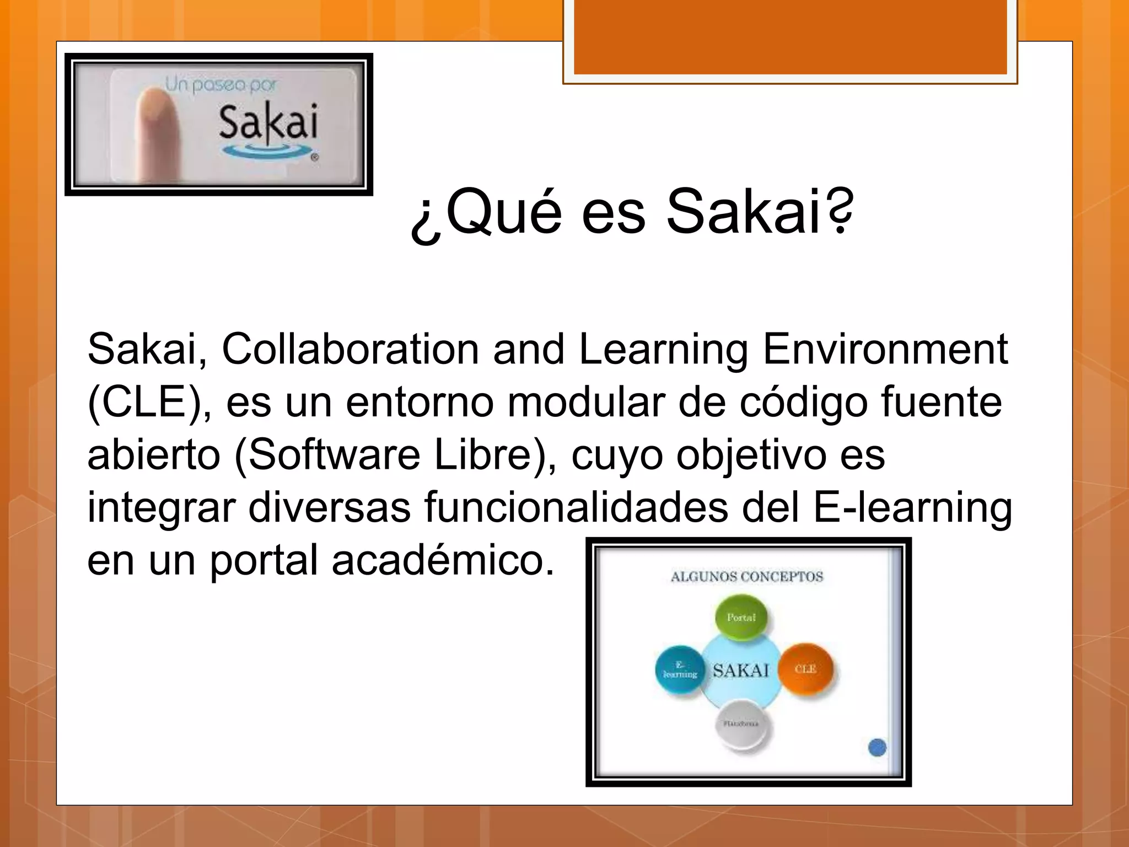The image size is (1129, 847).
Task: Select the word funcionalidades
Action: point(576,507)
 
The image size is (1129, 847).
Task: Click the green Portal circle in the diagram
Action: point(741,618)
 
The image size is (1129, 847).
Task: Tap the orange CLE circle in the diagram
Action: point(805,669)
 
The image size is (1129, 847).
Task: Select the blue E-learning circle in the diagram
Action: point(680,671)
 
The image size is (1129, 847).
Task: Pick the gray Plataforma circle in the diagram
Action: point(741,723)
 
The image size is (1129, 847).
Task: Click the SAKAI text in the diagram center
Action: point(740,671)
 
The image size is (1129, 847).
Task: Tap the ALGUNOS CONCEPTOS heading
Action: point(746,577)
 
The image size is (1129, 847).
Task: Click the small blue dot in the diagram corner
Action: point(877,748)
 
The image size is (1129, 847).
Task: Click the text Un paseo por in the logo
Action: point(221,85)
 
